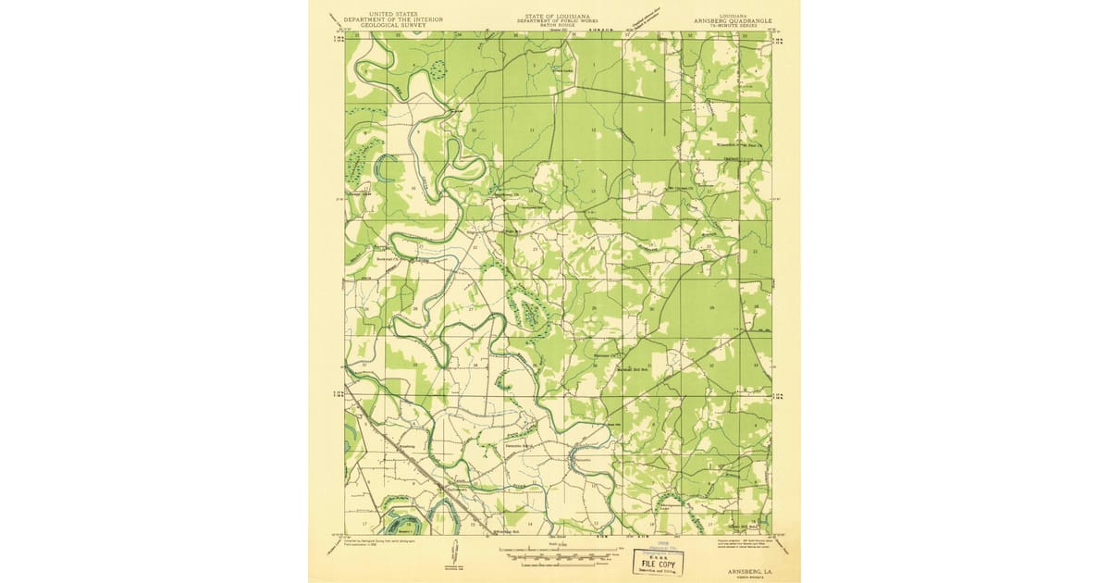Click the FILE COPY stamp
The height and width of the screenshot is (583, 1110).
tap(659, 564)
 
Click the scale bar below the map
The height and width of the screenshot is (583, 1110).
tap(555, 554)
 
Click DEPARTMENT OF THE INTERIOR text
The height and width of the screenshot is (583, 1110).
tap(381, 19)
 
